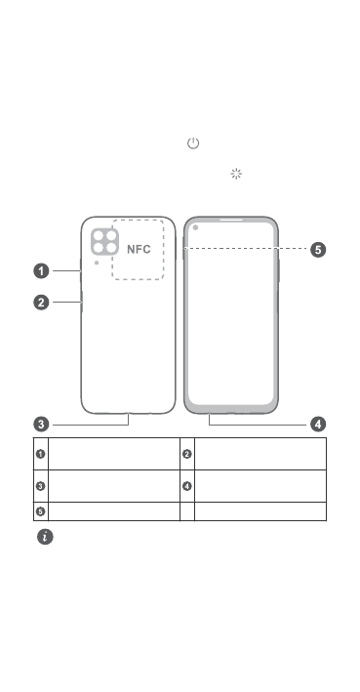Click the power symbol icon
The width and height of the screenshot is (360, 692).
click(x=193, y=143)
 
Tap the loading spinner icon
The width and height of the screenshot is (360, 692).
click(x=236, y=174)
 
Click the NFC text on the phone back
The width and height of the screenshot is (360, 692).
click(x=139, y=249)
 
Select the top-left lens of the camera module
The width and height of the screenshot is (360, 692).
click(x=99, y=235)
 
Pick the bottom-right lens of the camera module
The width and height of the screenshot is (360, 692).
click(x=111, y=248)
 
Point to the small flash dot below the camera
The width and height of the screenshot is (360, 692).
click(x=97, y=263)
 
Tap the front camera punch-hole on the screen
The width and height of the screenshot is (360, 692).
click(x=195, y=227)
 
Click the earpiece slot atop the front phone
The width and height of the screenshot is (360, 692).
click(x=231, y=220)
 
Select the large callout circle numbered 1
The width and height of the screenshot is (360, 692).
click(x=42, y=271)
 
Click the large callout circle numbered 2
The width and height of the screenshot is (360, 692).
click(x=42, y=303)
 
